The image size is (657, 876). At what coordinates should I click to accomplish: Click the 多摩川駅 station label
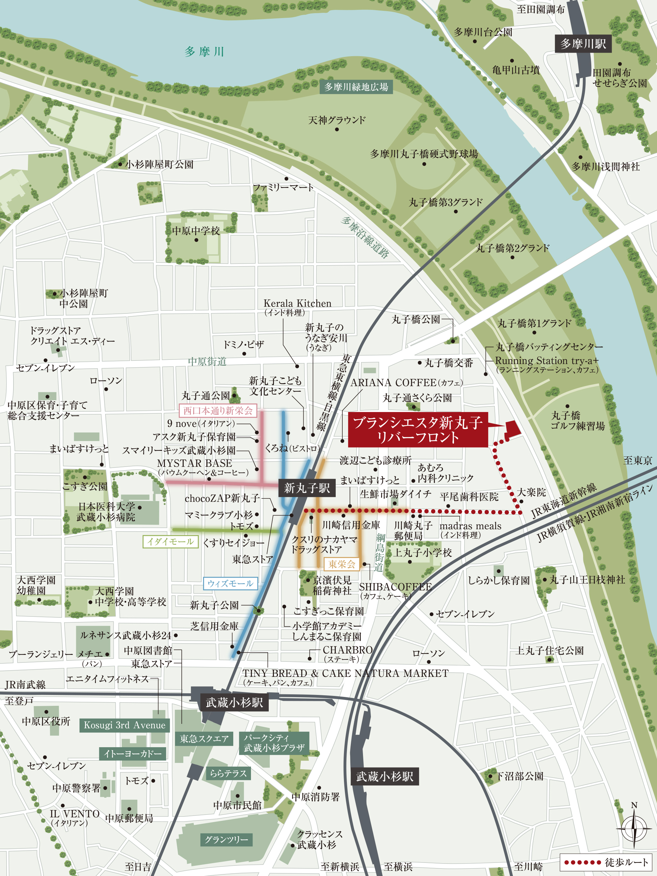click(x=582, y=44)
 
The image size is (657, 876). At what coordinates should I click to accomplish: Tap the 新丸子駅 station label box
click(x=307, y=488)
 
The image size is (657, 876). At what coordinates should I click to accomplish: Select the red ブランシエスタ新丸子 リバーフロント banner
click(x=418, y=430)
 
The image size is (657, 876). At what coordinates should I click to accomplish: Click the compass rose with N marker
click(x=634, y=828)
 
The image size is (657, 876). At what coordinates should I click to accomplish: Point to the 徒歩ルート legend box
click(x=605, y=862)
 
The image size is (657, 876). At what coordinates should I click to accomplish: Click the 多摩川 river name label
click(x=204, y=52)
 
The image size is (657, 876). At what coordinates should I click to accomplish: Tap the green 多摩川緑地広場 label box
click(x=356, y=87)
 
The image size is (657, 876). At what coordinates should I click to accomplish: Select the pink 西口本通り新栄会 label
click(x=218, y=411)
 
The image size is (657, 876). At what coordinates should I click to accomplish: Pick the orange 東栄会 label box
click(x=341, y=564)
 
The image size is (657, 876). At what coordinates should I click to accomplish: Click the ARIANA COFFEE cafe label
click(x=406, y=382)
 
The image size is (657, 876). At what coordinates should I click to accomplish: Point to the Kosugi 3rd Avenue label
click(x=125, y=725)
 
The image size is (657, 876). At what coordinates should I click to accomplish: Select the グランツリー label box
click(x=226, y=839)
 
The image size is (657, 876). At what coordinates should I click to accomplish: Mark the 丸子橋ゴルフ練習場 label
click(x=578, y=421)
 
